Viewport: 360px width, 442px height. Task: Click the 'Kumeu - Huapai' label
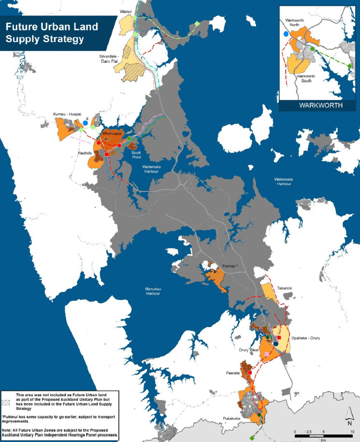pyautogui.click(x=67, y=114)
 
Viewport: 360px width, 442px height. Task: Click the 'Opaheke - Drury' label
pyautogui.click(x=305, y=338)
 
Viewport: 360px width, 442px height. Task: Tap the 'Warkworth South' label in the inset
pyautogui.click(x=305, y=79)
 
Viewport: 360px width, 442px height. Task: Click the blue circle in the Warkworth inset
pyautogui.click(x=286, y=34)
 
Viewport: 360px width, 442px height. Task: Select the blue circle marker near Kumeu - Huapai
pyautogui.click(x=86, y=124)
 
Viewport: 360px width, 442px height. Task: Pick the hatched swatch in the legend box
pyautogui.click(x=6, y=401)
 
